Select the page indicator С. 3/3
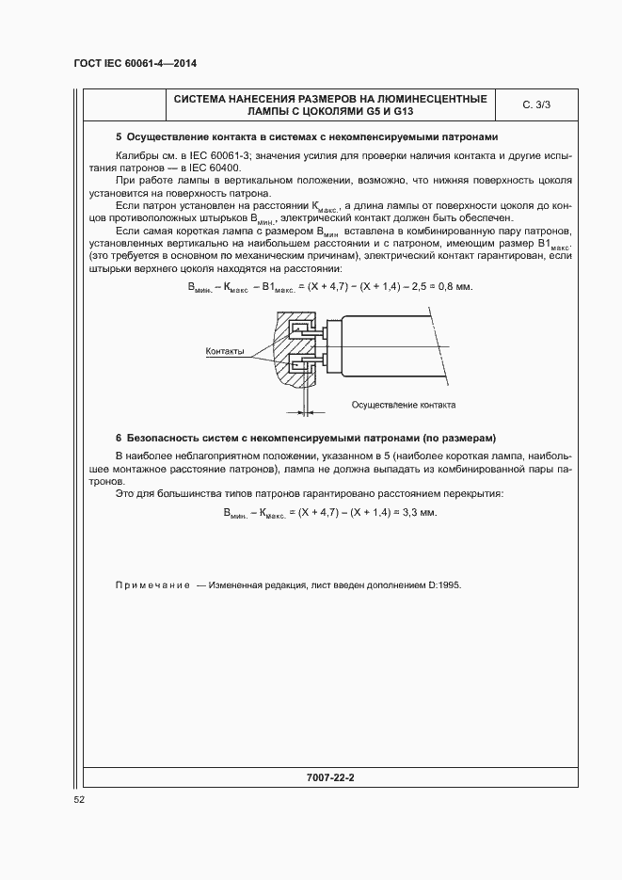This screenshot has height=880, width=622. [x=537, y=105]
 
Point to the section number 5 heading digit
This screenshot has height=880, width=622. [x=118, y=137]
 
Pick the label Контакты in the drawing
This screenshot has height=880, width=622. [x=226, y=352]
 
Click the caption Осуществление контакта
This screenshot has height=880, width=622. [x=403, y=405]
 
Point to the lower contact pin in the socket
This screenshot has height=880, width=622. [x=306, y=364]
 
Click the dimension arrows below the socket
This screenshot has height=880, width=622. [x=306, y=409]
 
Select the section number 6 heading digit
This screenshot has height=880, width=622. [x=118, y=439]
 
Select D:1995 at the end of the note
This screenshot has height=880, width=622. [x=444, y=584]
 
